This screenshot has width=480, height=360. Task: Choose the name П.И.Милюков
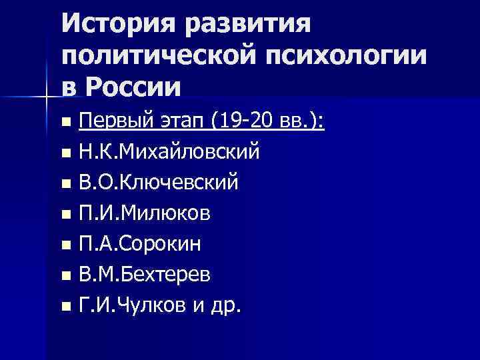(145, 214)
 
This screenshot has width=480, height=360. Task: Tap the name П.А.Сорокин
(140, 245)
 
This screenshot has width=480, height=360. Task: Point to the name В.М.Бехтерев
(144, 275)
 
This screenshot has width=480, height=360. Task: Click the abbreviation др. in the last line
(227, 306)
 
